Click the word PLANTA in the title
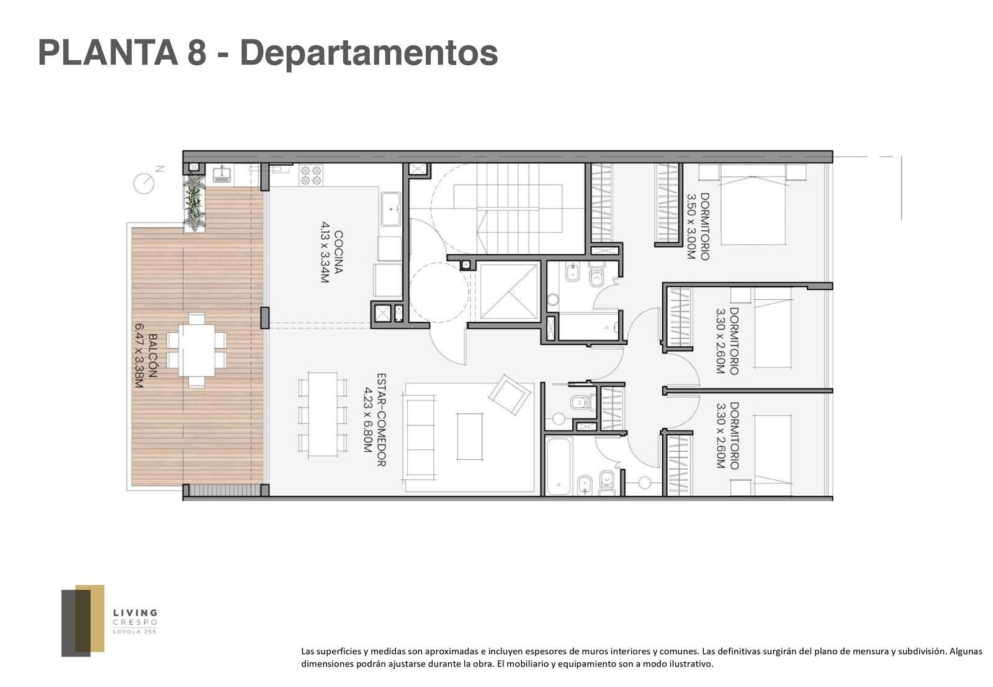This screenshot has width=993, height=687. pyautogui.click(x=108, y=53)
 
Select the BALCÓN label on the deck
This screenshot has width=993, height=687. pyautogui.click(x=153, y=355)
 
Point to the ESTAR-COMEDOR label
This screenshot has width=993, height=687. pyautogui.click(x=381, y=420)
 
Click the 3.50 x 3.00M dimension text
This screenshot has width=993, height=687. pyautogui.click(x=691, y=227)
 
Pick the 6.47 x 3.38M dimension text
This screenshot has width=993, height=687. pyautogui.click(x=139, y=356)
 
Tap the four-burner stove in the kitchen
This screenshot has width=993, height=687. pyautogui.click(x=311, y=175)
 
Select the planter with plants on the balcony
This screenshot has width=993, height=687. pyautogui.click(x=195, y=202)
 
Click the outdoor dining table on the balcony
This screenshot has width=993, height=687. pyautogui.click(x=197, y=350)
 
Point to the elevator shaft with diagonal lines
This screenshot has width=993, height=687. pyautogui.click(x=508, y=292)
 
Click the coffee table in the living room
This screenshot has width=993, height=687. pyautogui.click(x=470, y=436)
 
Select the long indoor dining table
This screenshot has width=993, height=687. pyautogui.click(x=323, y=415)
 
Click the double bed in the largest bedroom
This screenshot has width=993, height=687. pyautogui.click(x=753, y=204)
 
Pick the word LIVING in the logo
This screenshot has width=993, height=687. pyautogui.click(x=135, y=613)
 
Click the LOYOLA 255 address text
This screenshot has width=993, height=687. pyautogui.click(x=135, y=632)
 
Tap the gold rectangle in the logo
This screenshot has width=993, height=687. pyautogui.click(x=90, y=618)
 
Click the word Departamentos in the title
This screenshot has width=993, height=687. pyautogui.click(x=369, y=53)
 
